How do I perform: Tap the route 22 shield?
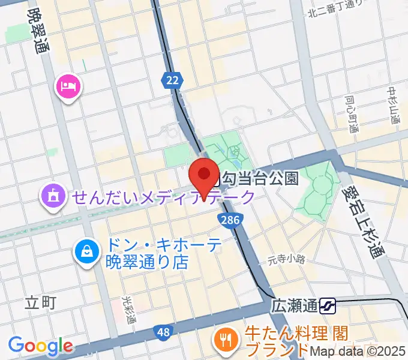pyautogui.click(x=172, y=79)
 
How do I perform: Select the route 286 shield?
pyautogui.click(x=230, y=220)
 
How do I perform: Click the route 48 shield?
pyautogui.click(x=162, y=331)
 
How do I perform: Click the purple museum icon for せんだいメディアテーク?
pyautogui.click(x=53, y=196)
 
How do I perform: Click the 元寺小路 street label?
pyautogui.click(x=286, y=260)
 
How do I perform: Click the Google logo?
pyautogui.click(x=40, y=346)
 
